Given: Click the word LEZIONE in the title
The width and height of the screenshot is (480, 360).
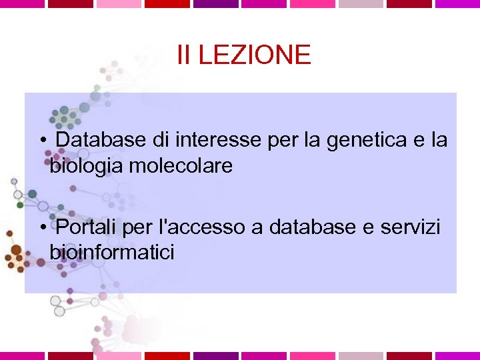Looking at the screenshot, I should [255, 55].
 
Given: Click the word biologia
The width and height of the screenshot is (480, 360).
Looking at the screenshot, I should [86, 166].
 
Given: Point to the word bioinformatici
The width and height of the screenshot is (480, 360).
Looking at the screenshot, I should [112, 253].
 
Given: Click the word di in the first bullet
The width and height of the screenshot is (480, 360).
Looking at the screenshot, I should [161, 141].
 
